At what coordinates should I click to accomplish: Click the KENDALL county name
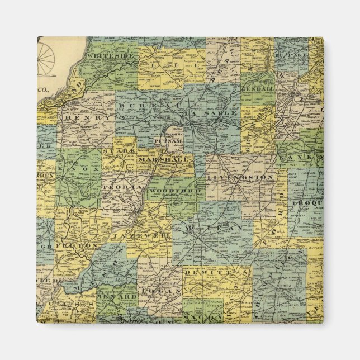258,89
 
